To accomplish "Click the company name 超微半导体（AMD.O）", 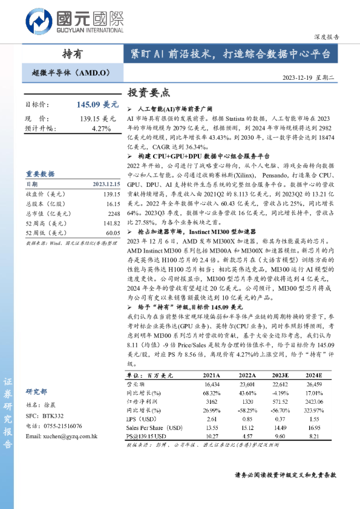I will coord(71,73).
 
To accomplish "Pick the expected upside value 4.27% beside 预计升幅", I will coord(101,129).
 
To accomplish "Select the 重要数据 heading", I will coord(40,174).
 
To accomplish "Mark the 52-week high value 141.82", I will coord(111,223).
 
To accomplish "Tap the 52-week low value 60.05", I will coord(113,233).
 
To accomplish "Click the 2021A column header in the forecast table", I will coord(212,375).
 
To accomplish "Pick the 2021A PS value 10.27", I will coord(212,436).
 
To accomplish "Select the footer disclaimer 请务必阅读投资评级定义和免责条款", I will coord(285,475).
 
